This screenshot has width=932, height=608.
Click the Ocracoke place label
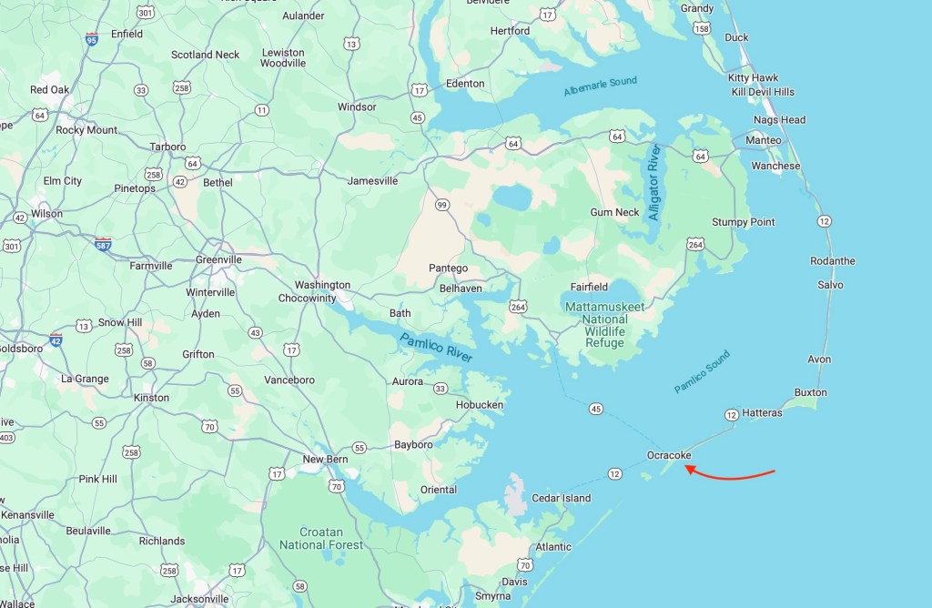669,455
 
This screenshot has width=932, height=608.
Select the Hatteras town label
762,413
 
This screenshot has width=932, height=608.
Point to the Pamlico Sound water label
702,371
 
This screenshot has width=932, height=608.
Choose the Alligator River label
653,182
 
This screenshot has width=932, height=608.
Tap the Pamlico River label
435,349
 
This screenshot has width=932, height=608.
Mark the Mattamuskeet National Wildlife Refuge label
604,325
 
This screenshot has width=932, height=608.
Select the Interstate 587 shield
103,244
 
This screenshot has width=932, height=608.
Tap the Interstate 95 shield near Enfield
92,38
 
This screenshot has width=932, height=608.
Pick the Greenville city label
218,259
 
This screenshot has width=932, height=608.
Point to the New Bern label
325,460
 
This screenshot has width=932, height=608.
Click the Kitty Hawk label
753,78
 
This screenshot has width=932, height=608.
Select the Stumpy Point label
743,222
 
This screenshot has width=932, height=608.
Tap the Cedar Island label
561,498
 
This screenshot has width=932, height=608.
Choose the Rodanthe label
832,261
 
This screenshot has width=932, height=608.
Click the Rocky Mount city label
86,130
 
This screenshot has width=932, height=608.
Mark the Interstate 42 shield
56,340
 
